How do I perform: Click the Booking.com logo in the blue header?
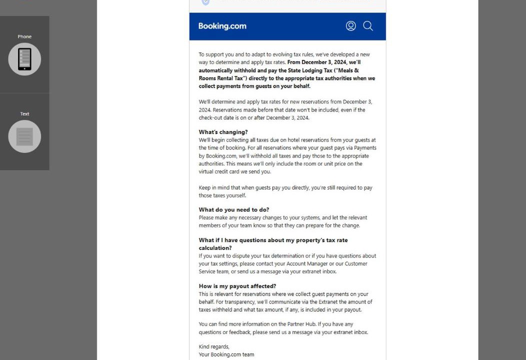[x=222, y=26]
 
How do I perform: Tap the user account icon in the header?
[x=351, y=26]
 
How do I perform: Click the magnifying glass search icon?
[x=368, y=26]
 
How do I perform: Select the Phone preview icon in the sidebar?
[x=24, y=59]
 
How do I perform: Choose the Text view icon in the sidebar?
[x=24, y=136]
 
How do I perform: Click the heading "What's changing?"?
[x=223, y=132]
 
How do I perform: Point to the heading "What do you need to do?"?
[x=233, y=209]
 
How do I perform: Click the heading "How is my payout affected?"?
[x=237, y=286]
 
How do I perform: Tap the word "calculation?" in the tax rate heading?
[x=215, y=248]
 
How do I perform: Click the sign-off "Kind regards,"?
[x=214, y=346]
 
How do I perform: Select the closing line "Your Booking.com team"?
[x=226, y=354]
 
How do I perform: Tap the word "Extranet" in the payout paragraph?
[x=328, y=302]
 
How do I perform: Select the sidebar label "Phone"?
[x=24, y=36]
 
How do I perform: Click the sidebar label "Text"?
[x=24, y=114]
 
